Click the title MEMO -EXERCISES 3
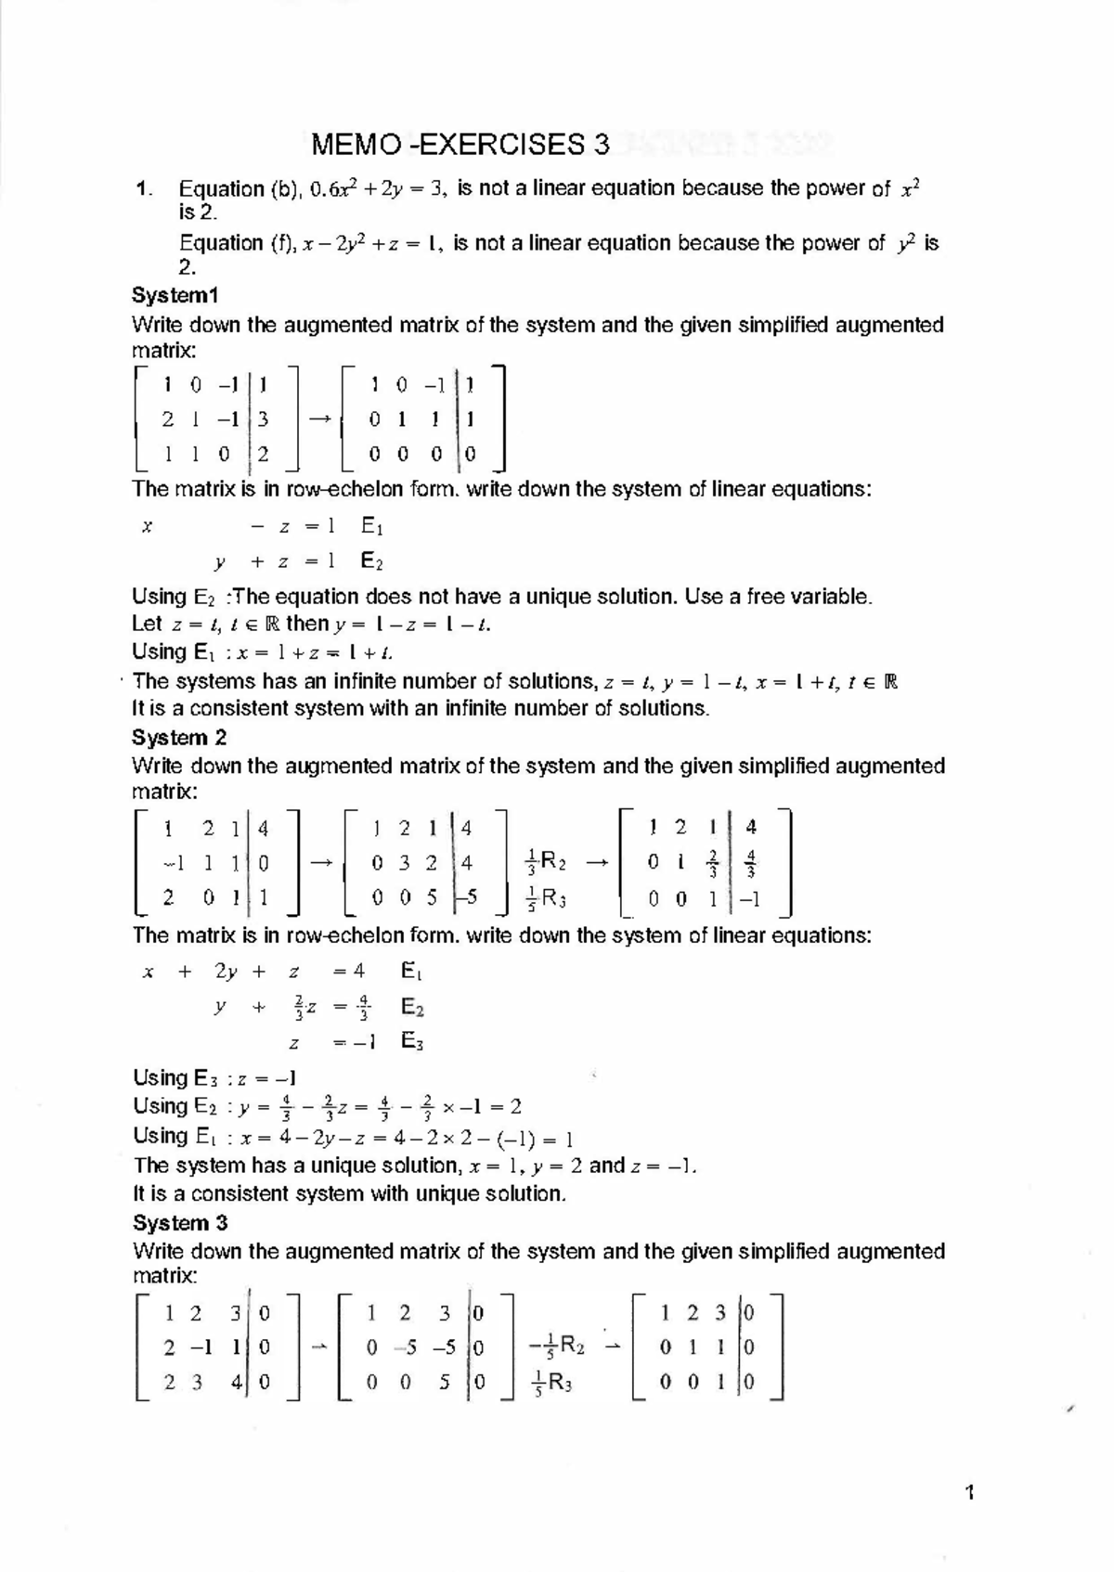point(461,145)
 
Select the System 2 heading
point(179,738)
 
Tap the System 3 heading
point(180,1222)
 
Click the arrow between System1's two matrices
point(320,419)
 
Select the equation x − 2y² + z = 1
point(370,244)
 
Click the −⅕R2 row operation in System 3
point(555,1347)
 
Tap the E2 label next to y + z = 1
point(371,561)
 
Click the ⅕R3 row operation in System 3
point(550,1383)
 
